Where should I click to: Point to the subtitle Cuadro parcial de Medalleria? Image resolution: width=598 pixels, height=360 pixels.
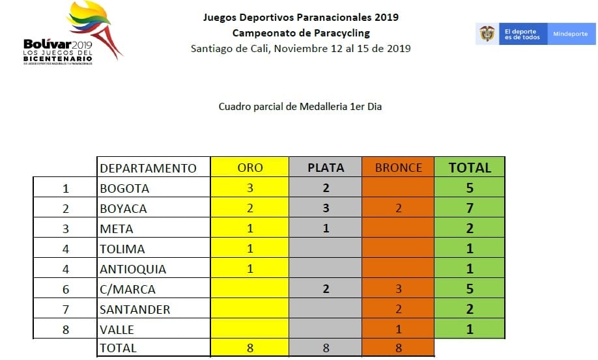coord(300,106)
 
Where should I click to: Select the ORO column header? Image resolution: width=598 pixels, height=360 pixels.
coord(250,167)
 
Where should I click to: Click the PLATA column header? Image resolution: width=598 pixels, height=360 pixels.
coord(326,167)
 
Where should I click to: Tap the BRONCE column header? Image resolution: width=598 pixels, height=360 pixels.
coord(399,167)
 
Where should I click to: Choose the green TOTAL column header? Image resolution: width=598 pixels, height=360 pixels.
coord(470,167)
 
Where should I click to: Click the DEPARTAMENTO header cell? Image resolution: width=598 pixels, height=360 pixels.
coord(148,168)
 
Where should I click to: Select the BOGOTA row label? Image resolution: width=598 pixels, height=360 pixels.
coord(124,189)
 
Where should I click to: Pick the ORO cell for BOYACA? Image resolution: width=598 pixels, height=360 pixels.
coord(250,208)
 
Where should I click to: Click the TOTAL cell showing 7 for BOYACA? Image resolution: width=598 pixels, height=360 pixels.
coord(470,208)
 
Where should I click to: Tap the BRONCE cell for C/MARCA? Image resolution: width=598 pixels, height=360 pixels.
coord(399,289)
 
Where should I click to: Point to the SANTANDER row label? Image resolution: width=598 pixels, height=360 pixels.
coord(135,309)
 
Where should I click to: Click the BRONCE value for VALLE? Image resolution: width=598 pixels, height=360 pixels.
coord(399,329)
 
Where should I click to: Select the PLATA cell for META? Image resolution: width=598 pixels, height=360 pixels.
coord(326,228)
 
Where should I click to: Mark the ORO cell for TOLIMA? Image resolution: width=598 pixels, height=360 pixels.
coord(250,249)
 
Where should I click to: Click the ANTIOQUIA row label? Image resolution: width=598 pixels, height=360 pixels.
coord(133,269)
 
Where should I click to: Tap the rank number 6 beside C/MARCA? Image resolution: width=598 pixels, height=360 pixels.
coord(65,289)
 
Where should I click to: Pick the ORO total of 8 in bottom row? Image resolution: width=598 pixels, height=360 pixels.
coord(250,348)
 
